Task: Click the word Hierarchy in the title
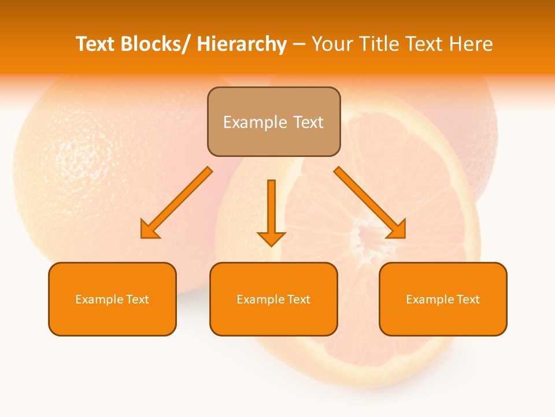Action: click(x=242, y=44)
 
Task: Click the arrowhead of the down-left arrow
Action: click(x=149, y=230)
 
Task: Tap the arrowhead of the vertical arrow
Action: click(x=271, y=238)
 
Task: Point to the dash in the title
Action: click(x=299, y=44)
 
